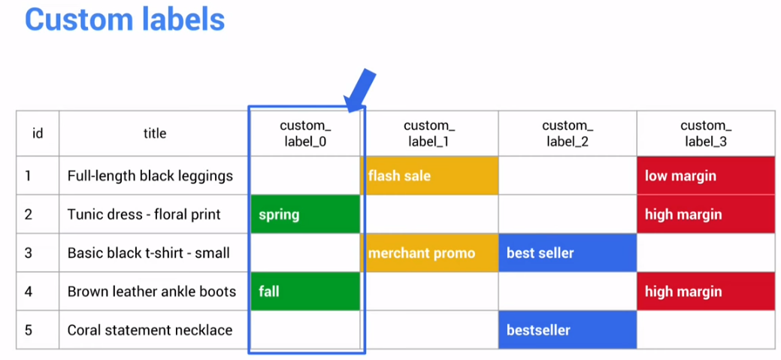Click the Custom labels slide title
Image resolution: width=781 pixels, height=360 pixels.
(125, 20)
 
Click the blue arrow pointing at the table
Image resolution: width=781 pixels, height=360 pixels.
(360, 91)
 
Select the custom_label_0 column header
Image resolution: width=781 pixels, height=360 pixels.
(305, 134)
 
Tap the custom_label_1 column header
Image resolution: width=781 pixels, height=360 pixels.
(429, 134)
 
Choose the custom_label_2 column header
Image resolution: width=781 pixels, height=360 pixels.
(568, 134)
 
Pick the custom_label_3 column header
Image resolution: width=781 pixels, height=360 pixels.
(706, 134)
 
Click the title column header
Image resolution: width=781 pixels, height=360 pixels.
(155, 134)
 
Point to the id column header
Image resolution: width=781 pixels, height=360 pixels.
(38, 134)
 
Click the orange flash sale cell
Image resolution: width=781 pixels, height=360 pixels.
(429, 175)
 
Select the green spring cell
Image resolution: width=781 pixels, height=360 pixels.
(305, 214)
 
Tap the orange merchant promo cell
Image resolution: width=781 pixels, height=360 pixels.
(429, 253)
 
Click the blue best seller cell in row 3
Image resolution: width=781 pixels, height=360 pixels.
(568, 253)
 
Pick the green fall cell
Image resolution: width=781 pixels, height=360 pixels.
(305, 292)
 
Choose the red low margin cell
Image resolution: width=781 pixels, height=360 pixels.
(706, 175)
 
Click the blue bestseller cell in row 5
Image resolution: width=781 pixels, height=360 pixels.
(568, 330)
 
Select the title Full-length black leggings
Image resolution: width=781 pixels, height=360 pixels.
(150, 176)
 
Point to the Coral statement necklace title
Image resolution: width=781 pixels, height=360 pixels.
(150, 330)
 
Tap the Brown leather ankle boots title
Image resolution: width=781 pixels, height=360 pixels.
(152, 292)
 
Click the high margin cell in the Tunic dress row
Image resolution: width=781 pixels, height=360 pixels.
(706, 214)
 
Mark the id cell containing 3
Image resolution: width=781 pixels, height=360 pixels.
(38, 253)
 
